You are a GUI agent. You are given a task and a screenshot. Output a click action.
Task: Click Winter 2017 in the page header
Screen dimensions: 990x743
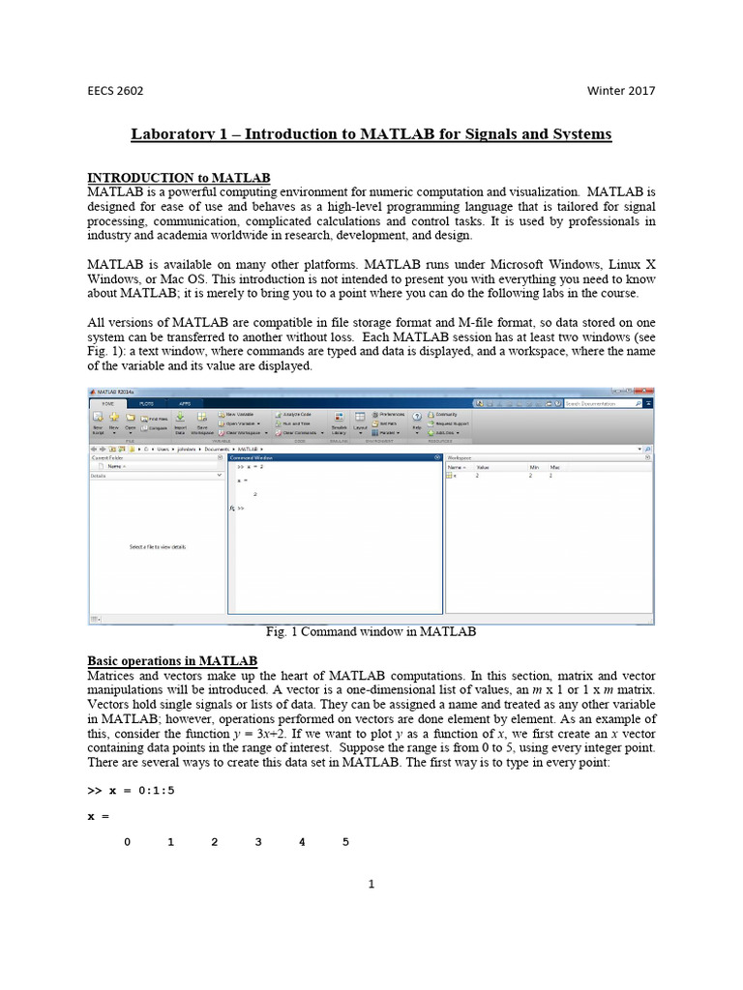(620, 91)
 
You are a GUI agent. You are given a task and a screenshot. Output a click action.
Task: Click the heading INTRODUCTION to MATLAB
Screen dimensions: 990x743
(179, 178)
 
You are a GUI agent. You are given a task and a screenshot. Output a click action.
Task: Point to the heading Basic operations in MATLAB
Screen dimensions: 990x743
(172, 660)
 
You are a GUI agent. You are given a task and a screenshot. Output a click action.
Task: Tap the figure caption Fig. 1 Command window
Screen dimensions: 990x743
(371, 631)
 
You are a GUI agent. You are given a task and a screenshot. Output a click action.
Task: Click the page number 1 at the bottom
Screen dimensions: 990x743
(371, 884)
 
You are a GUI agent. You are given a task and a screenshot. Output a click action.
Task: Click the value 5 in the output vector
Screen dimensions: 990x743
(345, 842)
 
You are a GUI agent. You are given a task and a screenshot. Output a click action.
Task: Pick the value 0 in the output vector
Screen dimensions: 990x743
(127, 842)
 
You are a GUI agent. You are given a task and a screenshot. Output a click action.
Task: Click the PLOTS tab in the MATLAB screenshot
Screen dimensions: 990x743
(146, 402)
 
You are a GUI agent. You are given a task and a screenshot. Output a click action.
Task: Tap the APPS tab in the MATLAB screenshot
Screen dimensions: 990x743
(184, 402)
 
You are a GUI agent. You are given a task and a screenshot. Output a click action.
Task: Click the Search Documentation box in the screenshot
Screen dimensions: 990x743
(597, 402)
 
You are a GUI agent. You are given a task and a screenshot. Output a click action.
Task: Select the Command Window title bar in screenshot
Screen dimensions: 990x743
(252, 457)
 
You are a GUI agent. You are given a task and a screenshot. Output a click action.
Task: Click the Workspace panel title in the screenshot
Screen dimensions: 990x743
(460, 457)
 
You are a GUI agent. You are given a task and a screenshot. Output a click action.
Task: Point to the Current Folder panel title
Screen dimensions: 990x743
(107, 457)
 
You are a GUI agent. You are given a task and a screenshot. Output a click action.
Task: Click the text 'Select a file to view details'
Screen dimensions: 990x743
(158, 547)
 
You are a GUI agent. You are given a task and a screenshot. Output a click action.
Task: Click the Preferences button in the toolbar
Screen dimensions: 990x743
(391, 414)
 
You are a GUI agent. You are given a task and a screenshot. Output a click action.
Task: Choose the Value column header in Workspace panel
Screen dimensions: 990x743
(483, 467)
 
